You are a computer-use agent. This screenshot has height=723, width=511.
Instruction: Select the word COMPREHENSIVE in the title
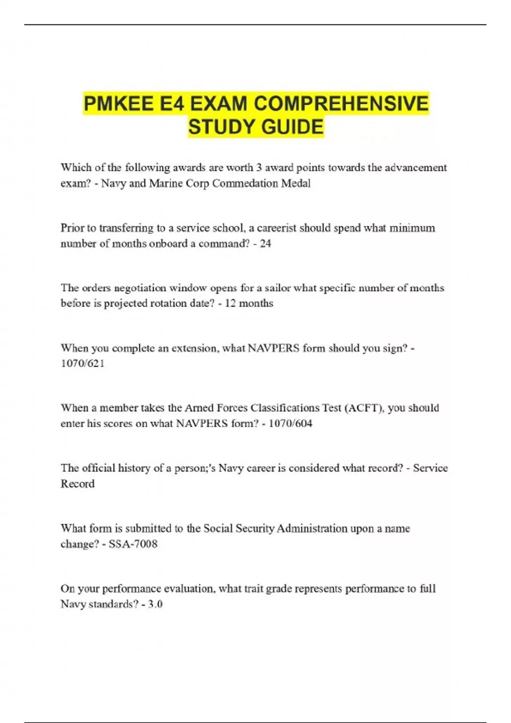341,104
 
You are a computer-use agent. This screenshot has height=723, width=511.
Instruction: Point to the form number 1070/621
82,364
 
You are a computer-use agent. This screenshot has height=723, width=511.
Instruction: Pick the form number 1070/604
290,424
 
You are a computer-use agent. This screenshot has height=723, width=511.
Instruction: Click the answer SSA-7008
133,544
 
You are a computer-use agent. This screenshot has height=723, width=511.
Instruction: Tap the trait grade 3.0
155,604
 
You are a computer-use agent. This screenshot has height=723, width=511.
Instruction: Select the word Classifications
284,408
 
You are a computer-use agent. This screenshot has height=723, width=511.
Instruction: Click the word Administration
312,529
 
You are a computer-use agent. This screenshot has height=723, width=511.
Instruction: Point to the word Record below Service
78,484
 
